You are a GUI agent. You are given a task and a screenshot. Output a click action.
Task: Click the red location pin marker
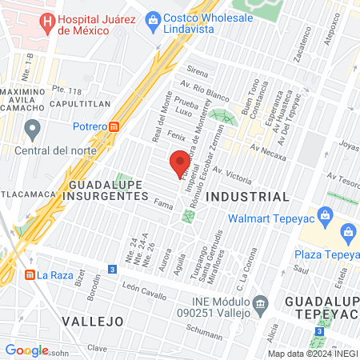tap(180, 163)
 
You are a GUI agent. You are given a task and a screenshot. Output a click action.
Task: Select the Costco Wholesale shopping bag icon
tap(152, 26)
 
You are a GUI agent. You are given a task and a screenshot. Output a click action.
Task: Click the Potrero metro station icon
tap(114, 126)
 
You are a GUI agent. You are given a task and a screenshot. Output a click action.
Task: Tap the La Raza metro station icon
tap(30, 275)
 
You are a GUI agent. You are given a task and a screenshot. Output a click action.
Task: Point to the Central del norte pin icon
tap(32, 128)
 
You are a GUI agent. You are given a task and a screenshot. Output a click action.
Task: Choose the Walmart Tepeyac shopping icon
tap(325, 214)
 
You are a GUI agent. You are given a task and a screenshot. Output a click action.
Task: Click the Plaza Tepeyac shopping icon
tap(348, 233)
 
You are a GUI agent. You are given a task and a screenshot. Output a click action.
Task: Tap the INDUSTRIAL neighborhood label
tap(247, 196)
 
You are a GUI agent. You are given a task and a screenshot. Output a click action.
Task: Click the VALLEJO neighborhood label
tap(93, 320)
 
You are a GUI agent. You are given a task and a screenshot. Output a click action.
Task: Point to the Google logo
tap(26, 350)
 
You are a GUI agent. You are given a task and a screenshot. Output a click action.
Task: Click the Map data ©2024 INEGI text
tap(311, 353)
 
